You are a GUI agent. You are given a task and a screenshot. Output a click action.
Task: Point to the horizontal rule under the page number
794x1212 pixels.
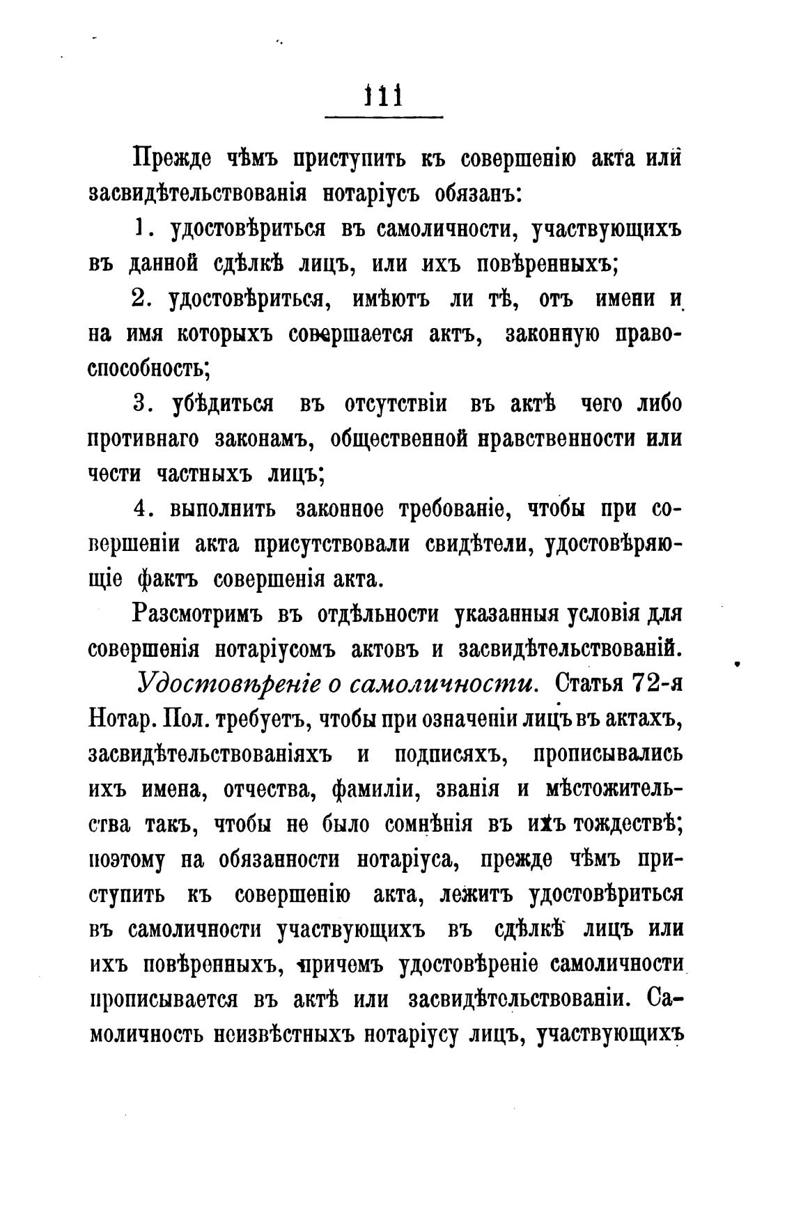[x=384, y=117]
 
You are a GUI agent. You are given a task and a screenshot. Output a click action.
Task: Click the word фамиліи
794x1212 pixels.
[x=374, y=790]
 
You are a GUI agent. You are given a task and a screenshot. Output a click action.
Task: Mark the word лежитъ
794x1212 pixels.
[x=476, y=895]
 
